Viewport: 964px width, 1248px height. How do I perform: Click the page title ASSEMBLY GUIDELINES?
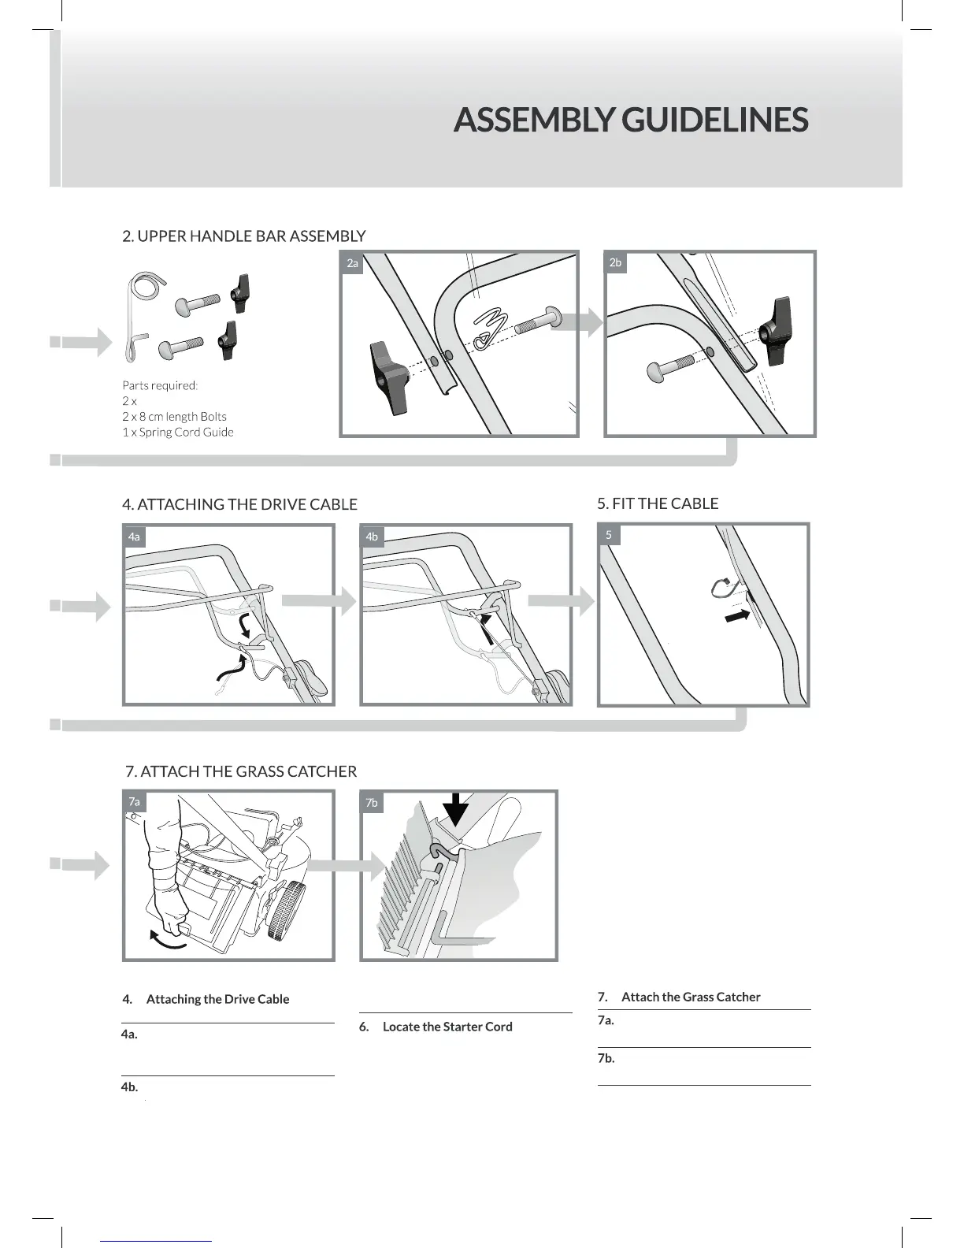(631, 120)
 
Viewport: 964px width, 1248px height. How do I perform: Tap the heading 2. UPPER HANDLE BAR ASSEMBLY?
(244, 236)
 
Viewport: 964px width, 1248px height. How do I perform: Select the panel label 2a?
(352, 263)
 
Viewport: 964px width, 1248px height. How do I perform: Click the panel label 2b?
(615, 262)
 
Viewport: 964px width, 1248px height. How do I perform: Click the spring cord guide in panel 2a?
(488, 327)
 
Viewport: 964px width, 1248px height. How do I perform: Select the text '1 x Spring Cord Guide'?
(178, 432)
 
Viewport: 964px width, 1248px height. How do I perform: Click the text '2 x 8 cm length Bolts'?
(174, 416)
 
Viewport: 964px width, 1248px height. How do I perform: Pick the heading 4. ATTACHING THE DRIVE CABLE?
(239, 504)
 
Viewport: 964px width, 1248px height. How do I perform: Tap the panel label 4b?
(372, 537)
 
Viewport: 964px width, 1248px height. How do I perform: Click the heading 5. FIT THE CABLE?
(658, 503)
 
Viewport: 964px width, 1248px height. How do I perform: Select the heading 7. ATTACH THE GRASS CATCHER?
(241, 771)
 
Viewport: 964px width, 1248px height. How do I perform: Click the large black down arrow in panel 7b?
(455, 808)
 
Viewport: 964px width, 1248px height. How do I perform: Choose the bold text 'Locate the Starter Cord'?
(447, 1027)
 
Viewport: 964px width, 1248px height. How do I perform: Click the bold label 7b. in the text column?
(606, 1058)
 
